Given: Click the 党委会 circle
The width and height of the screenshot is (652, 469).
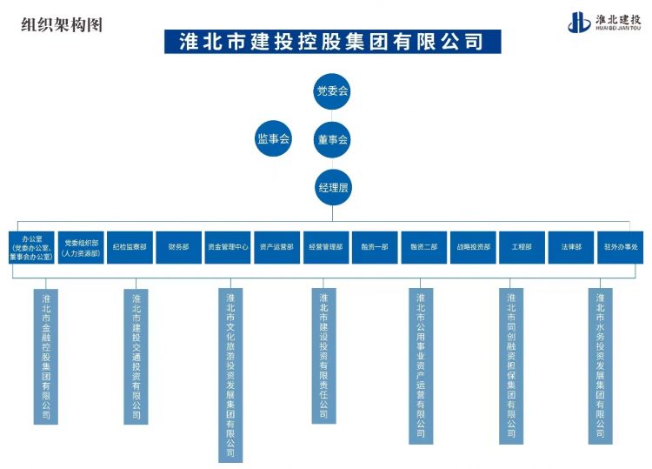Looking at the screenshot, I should click(x=332, y=90).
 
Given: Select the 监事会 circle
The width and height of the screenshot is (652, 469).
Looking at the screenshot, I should click(x=273, y=138).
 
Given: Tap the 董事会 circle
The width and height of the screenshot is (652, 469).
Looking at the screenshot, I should click(x=332, y=138).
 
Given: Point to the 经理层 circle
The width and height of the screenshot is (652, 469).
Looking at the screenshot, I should click(x=332, y=186).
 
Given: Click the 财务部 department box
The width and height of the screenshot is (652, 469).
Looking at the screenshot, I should click(x=178, y=247).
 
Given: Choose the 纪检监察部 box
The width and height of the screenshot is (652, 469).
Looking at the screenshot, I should click(x=130, y=247).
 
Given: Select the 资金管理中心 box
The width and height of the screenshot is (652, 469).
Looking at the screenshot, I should click(x=228, y=247).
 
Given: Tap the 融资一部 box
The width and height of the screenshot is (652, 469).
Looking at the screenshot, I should click(x=375, y=247).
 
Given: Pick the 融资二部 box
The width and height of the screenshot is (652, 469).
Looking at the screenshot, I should click(x=424, y=247).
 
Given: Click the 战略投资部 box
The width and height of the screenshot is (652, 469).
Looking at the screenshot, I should click(x=473, y=247).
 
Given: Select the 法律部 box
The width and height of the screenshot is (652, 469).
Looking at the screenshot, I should click(x=571, y=247).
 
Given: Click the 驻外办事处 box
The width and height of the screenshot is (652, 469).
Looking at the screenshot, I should click(x=621, y=247).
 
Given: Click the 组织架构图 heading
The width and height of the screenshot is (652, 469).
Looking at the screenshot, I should click(x=62, y=24).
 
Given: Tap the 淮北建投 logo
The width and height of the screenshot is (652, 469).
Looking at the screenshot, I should click(x=604, y=22).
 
